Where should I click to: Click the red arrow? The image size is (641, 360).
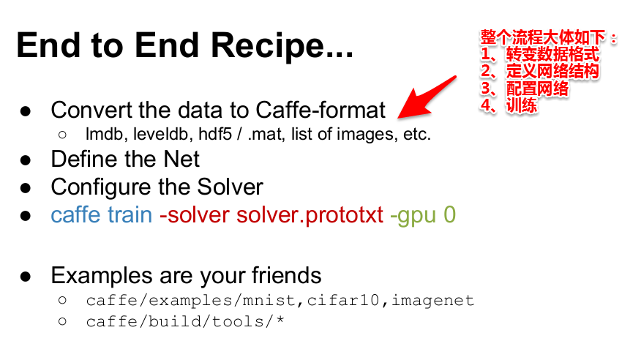coord(427,97)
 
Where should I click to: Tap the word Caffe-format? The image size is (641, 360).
coord(320,110)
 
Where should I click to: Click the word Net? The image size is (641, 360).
coord(181,159)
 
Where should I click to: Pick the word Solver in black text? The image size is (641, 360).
coord(230,187)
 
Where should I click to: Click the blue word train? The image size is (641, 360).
coord(130,215)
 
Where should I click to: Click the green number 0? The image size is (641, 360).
coord(450,215)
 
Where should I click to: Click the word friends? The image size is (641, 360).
coord(287,275)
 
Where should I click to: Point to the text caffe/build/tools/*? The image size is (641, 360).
coord(185,322)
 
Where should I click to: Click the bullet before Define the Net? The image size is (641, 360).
coord(26,160)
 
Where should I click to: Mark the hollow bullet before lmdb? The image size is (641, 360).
coord(62,135)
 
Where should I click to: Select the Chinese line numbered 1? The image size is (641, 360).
coord(539,54)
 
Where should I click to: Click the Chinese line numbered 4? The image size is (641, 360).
coord(509,105)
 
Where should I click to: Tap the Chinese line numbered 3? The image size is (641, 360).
coord(525,89)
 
